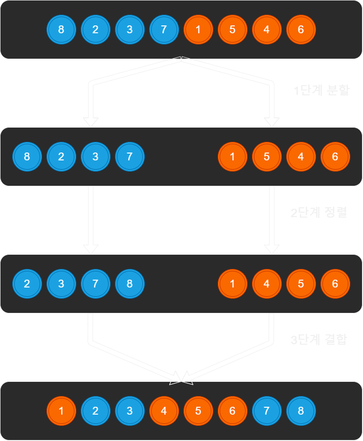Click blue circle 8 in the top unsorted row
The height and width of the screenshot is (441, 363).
coord(61,29)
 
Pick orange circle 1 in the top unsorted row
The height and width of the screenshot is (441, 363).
coord(198,29)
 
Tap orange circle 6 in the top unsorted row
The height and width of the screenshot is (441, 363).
coord(301,29)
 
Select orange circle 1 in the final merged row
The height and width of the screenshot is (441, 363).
coord(61,411)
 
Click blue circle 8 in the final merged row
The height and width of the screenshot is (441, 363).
coord(301,411)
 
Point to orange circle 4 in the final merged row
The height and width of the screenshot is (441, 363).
coord(164,411)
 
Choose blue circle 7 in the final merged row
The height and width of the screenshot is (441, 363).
coord(267,411)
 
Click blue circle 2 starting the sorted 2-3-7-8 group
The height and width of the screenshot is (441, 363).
coord(27,284)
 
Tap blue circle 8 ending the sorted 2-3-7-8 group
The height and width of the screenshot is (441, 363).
coord(130,284)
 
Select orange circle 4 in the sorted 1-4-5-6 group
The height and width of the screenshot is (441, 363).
coord(267,284)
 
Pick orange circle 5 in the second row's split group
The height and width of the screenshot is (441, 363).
coord(267,156)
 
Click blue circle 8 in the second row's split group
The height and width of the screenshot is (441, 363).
coord(27,156)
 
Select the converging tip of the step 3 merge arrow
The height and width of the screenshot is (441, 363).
coord(181,378)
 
